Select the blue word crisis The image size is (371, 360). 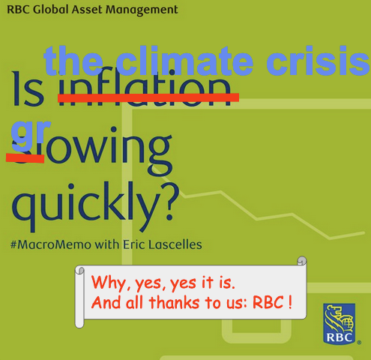coord(315,60)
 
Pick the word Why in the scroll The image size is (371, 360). coord(106,285)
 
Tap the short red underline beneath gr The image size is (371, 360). coord(25,156)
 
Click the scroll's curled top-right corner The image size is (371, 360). coord(303,261)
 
